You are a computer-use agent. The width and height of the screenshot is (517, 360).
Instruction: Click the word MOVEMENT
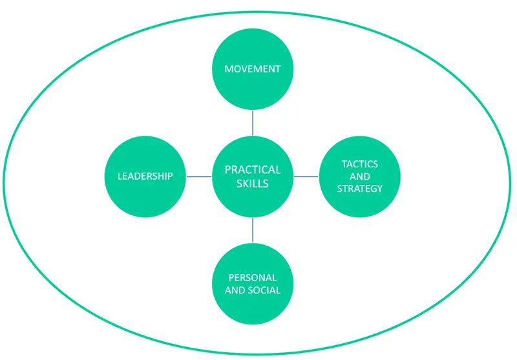tap(253, 69)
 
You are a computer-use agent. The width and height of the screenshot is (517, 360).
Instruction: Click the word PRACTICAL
tap(253, 170)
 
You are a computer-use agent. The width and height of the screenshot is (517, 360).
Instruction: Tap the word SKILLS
tap(253, 184)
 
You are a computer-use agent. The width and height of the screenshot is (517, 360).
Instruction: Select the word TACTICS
tap(361, 164)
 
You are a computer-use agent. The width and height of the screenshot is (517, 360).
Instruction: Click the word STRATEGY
tap(361, 189)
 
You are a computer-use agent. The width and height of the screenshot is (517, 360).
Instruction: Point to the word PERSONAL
tap(253, 277)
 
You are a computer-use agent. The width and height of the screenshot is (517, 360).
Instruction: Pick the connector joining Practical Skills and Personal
tap(253, 230)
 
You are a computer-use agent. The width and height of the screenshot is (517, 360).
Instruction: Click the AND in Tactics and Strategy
tap(361, 176)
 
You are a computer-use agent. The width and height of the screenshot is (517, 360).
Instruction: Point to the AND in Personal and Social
tap(235, 290)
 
